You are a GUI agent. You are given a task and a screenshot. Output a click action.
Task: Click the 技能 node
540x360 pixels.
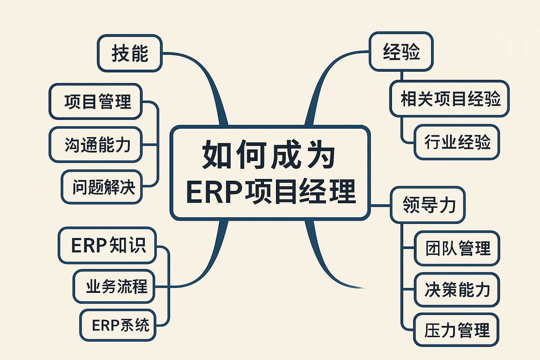(x=129, y=53)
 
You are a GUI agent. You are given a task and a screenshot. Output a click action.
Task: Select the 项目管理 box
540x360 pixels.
(x=96, y=102)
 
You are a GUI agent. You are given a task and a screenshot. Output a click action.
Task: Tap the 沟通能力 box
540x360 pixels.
(x=96, y=144)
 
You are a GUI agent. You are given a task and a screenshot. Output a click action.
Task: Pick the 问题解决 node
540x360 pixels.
(x=102, y=187)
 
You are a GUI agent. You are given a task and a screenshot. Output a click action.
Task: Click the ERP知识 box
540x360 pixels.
(x=107, y=245)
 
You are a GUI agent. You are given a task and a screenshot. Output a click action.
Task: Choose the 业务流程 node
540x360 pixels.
(x=114, y=287)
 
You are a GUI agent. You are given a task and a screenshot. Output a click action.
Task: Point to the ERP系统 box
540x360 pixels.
(x=118, y=325)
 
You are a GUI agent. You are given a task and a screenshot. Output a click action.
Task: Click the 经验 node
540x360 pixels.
(x=401, y=52)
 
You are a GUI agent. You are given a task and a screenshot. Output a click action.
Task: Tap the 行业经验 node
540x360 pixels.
(x=457, y=142)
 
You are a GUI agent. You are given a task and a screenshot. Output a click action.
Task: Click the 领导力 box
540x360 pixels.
(x=427, y=205)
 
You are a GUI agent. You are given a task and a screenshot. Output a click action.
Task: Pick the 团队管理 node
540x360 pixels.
(x=457, y=248)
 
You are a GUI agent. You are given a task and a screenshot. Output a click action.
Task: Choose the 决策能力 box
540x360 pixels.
(x=457, y=290)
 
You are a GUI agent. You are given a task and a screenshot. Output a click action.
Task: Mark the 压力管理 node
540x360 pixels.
(x=456, y=330)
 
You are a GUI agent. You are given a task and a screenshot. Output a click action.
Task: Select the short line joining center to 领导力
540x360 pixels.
(x=380, y=206)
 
